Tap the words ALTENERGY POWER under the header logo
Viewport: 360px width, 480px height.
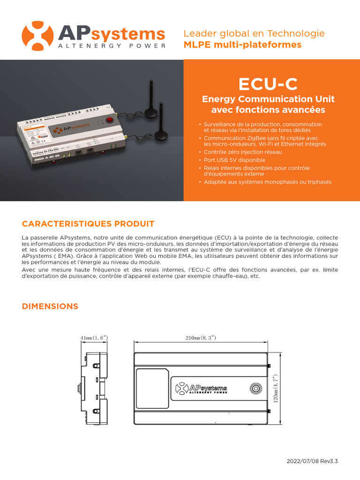(x=111, y=46)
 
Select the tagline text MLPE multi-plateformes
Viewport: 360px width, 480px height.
(x=242, y=45)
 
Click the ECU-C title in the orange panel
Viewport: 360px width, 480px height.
(x=268, y=84)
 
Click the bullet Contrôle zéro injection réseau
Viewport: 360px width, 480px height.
(x=243, y=152)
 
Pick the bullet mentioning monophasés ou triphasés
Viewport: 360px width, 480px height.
(x=267, y=182)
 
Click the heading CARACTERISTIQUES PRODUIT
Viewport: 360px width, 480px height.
(x=88, y=224)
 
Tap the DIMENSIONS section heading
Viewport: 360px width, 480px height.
(x=50, y=307)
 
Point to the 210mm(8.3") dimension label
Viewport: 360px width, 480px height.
(x=201, y=338)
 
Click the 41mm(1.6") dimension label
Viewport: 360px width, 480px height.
(x=95, y=338)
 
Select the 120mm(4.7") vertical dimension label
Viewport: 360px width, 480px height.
(x=276, y=388)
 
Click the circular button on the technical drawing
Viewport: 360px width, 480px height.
(x=256, y=389)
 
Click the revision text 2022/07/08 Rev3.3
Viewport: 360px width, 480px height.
(x=312, y=461)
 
